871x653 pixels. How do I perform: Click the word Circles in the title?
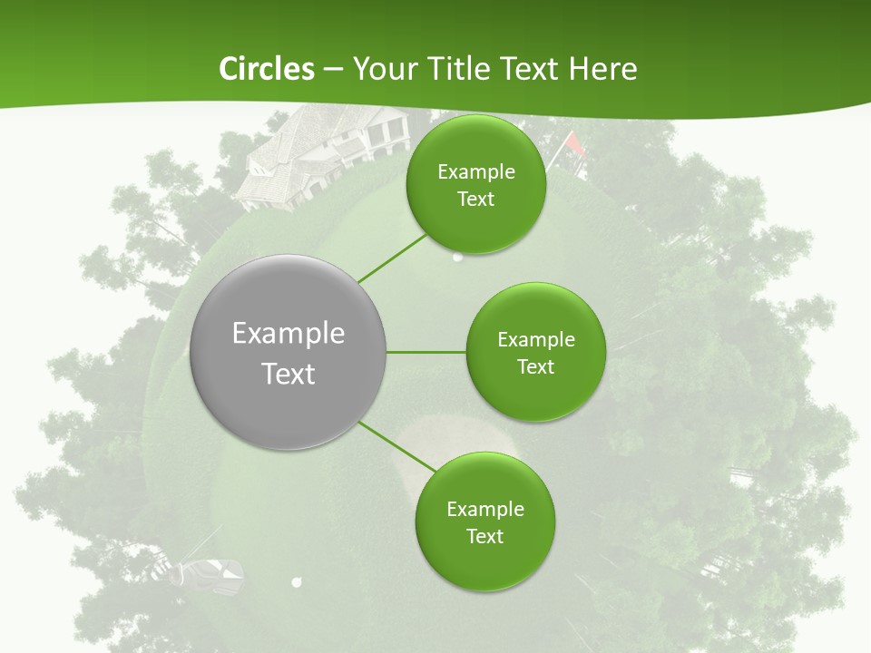point(267,69)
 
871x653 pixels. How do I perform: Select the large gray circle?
point(288,352)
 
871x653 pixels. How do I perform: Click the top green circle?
point(475,185)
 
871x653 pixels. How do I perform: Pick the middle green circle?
point(535,352)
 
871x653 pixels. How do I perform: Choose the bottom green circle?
point(484,521)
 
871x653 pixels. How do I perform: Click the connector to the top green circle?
point(392,258)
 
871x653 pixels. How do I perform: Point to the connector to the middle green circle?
point(426,352)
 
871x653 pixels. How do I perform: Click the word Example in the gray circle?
point(288,333)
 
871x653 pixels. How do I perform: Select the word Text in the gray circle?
point(288,373)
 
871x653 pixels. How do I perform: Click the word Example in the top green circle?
point(475,171)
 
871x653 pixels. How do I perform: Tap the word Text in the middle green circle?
point(535,366)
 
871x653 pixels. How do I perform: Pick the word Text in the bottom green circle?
point(484,536)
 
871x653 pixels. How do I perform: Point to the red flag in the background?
point(574,142)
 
